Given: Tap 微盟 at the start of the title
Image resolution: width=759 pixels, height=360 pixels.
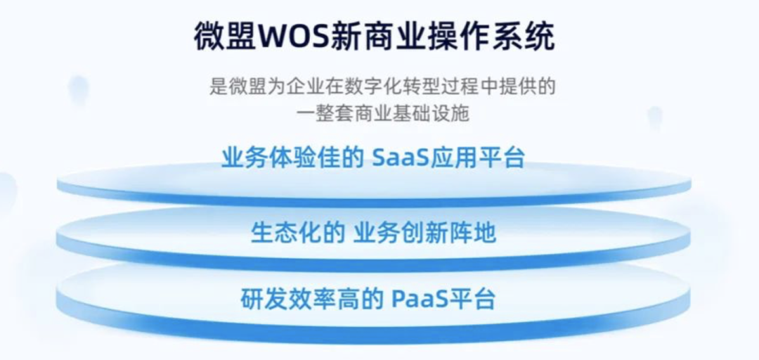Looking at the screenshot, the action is (x=225, y=37).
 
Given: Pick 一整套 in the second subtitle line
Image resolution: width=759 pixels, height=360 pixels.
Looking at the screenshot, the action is (x=323, y=114).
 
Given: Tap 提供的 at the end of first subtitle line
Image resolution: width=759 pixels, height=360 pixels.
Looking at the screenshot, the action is (x=530, y=86).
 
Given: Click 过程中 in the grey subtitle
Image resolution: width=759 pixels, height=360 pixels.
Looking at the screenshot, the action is (x=455, y=86).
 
